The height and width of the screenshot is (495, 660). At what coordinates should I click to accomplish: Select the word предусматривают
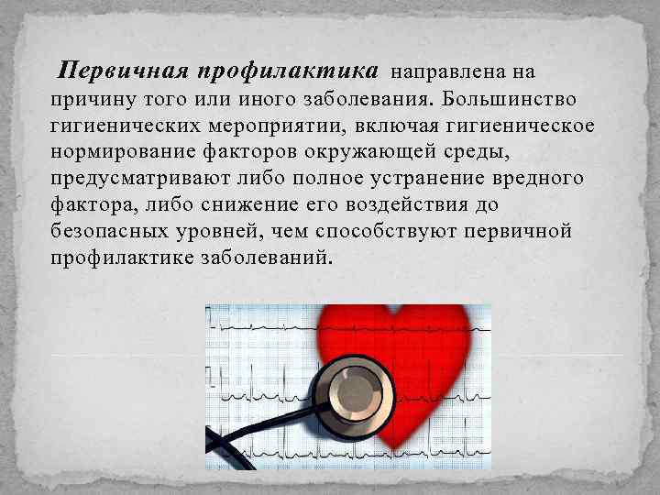125,177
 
